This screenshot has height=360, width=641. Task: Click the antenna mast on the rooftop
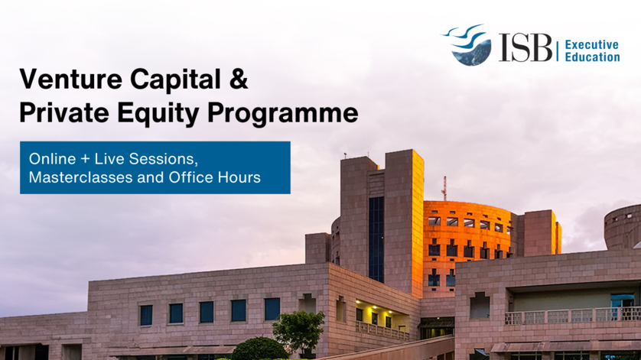pos(444,188)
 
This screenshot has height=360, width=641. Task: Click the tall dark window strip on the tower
pos(376,238)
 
